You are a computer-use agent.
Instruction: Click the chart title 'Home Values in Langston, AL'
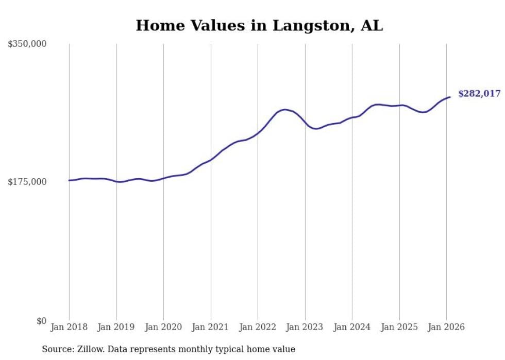point(259,26)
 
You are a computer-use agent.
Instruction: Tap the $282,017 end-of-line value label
point(479,94)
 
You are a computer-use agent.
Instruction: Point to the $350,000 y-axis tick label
point(27,44)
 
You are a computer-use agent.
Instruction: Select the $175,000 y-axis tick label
point(27,182)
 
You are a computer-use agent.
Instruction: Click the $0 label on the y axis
point(41,321)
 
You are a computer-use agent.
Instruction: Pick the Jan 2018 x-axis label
point(69,327)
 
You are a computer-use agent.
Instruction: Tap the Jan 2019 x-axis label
point(116,327)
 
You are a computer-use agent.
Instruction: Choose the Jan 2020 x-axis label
point(163,327)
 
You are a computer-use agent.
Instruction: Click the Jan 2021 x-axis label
point(211,327)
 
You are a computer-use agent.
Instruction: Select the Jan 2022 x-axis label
point(258,327)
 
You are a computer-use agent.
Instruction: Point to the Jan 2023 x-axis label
point(305,327)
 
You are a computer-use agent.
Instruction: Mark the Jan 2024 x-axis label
point(352,327)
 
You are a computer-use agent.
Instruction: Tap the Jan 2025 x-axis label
point(399,327)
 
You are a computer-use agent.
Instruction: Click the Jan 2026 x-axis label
point(446,327)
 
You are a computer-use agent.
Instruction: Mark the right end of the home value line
point(450,97)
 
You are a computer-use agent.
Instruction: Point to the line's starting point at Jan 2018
point(69,180)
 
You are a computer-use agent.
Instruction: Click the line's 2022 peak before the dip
point(285,110)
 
